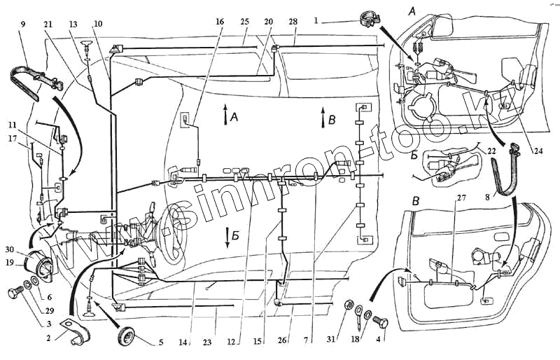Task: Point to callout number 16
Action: [x=221, y=22]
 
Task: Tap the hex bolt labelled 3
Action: [x=16, y=294]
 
